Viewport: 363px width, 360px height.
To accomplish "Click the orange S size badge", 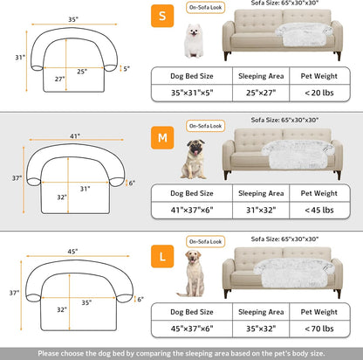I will coord(161,16).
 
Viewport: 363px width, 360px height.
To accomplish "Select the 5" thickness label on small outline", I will coord(127,68).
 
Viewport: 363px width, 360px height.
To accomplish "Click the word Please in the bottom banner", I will coord(50,353).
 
